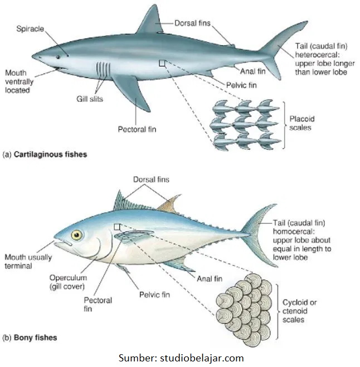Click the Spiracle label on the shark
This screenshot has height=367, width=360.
click(29, 29)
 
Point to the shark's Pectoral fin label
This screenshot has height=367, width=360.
click(137, 129)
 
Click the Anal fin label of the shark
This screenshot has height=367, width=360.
click(252, 71)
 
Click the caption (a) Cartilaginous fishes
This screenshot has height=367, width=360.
click(45, 154)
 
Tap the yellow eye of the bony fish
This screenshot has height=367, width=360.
click(76, 234)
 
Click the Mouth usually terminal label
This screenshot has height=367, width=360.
click(27, 261)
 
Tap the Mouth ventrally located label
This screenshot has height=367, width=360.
click(20, 81)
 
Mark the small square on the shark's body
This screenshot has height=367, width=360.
click(162, 63)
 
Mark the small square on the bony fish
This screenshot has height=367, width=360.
click(117, 227)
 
